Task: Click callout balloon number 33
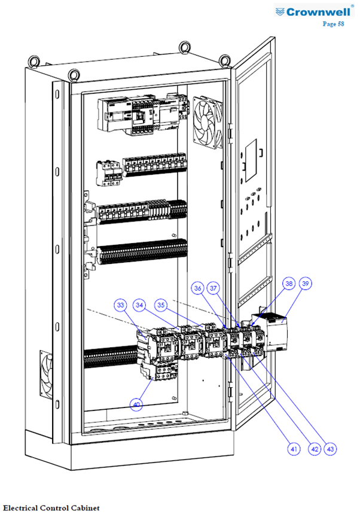click(121, 305)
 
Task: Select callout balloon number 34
click(139, 305)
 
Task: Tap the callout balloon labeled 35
click(161, 305)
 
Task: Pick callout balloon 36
click(198, 288)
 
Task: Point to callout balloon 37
click(213, 288)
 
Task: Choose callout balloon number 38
click(289, 283)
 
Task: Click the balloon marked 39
click(306, 283)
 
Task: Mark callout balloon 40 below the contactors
click(136, 404)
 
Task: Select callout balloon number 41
click(294, 449)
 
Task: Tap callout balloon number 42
click(315, 449)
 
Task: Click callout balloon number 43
click(330, 449)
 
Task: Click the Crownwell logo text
click(318, 12)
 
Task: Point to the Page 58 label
click(333, 23)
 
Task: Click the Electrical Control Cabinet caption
click(51, 508)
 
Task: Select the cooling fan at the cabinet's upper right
click(208, 123)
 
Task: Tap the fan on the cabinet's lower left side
click(46, 375)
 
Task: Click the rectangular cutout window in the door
click(251, 160)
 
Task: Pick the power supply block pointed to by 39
click(277, 333)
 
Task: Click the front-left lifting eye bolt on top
click(74, 74)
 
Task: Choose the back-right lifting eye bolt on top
click(225, 60)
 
